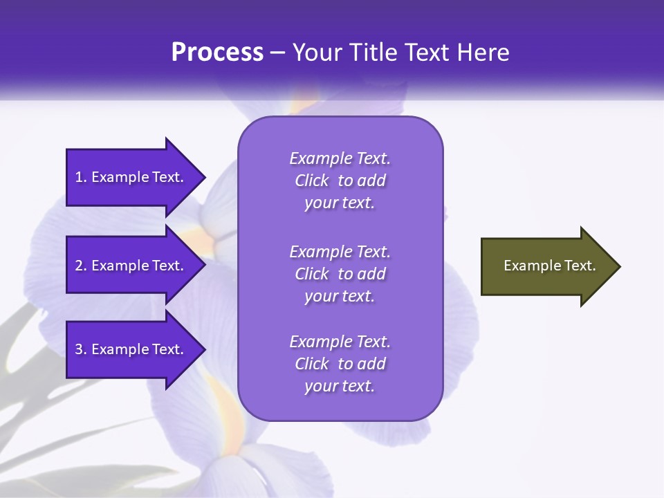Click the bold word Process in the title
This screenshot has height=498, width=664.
tap(217, 53)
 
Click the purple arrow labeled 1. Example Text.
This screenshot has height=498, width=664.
tap(131, 177)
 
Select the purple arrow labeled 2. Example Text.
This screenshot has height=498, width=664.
tap(131, 266)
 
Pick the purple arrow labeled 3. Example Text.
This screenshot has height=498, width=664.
tap(131, 349)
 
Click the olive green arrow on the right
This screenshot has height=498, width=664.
tap(546, 266)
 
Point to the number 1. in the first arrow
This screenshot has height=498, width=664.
tap(81, 177)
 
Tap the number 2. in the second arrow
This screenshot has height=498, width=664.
tap(81, 266)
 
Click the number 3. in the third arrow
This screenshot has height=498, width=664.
tap(81, 349)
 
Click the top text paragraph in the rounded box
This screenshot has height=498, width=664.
tap(340, 181)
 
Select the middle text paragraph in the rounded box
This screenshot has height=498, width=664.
tap(340, 273)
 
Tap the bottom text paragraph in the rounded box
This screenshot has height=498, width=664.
tap(340, 364)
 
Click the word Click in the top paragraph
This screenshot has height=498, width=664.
tap(311, 181)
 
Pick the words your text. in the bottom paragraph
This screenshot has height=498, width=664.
tap(340, 386)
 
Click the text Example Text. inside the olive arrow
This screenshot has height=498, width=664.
tap(549, 266)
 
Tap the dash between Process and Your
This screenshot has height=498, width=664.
tap(277, 53)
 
